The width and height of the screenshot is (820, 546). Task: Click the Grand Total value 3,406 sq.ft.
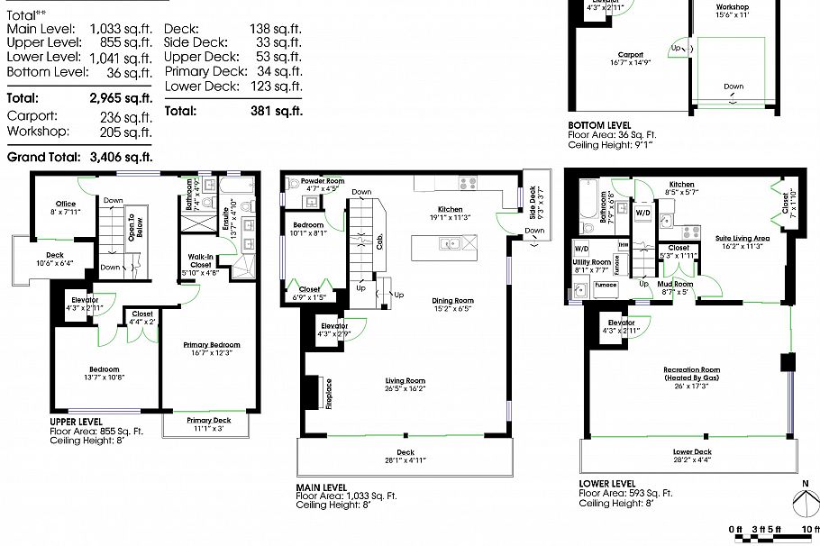tap(121, 157)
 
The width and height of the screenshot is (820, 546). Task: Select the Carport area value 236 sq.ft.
tap(126, 116)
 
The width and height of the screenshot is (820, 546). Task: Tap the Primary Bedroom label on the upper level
tap(212, 344)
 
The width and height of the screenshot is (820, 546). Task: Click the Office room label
tap(65, 204)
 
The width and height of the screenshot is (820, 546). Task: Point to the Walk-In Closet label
tap(200, 260)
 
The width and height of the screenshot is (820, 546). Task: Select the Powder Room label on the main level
tap(323, 180)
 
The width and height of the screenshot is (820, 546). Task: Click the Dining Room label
tap(452, 300)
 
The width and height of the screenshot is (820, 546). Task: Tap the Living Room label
tap(405, 380)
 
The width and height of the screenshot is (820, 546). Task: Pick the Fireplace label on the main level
tap(328, 393)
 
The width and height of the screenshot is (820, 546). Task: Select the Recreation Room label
tap(691, 369)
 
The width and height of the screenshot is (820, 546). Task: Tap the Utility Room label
tap(592, 261)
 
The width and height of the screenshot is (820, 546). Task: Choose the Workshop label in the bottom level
tap(732, 6)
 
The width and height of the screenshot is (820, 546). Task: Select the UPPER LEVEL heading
tap(76, 421)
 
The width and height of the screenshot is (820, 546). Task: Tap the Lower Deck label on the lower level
tap(691, 451)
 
